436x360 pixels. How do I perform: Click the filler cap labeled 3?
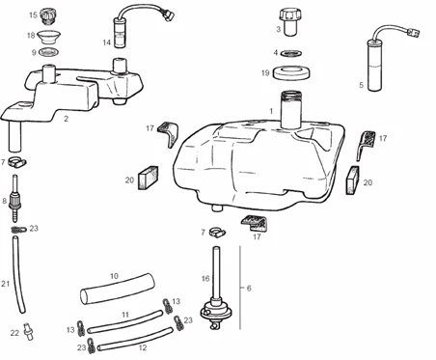(289, 22)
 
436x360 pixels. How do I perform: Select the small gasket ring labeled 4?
(292, 53)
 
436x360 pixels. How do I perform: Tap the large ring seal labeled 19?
(291, 73)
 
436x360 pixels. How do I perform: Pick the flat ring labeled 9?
(48, 51)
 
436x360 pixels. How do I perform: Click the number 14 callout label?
(107, 42)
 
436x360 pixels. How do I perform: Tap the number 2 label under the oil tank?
(66, 119)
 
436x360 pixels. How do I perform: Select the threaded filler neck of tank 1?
(290, 110)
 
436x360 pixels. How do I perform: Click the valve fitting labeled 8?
(14, 199)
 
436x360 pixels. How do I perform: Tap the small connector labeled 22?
(28, 330)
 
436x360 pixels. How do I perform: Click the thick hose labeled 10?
(118, 289)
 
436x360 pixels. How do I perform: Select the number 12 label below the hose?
(143, 347)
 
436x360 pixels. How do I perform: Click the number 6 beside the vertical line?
(249, 288)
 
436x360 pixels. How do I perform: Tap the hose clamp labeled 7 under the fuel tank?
(217, 233)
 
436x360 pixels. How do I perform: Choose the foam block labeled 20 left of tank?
(149, 178)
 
